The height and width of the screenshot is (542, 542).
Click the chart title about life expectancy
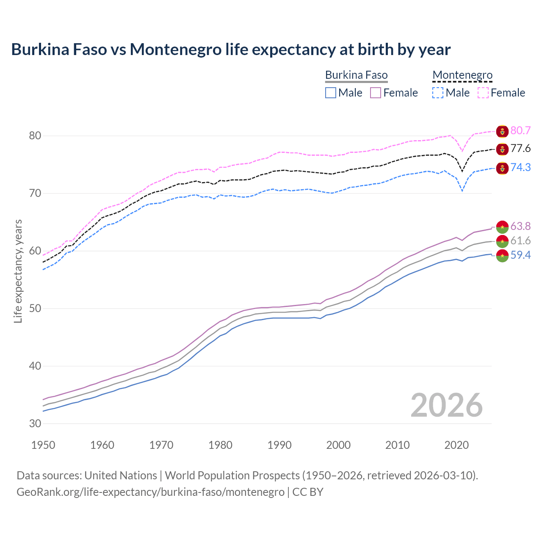click(231, 50)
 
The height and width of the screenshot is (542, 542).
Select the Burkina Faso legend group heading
click(356, 75)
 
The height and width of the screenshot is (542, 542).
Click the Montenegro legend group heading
click(462, 75)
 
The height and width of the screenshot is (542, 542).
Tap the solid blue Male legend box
click(331, 93)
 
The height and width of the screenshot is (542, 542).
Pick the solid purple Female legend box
click(376, 93)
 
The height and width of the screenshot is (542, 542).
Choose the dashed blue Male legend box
click(438, 93)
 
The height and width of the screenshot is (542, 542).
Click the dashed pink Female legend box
click(483, 93)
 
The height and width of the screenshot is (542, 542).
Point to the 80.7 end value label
click(520, 130)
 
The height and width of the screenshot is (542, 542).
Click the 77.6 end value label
click(520, 149)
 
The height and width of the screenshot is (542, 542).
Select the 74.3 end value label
click(520, 167)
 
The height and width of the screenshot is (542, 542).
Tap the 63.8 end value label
click(520, 226)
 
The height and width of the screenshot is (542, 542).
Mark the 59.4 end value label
click(520, 255)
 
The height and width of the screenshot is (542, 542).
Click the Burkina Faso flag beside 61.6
click(502, 241)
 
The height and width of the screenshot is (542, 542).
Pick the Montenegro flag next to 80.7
click(502, 131)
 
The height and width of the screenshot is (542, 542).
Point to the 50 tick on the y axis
click(35, 308)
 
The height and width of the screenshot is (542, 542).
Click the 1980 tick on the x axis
click(220, 445)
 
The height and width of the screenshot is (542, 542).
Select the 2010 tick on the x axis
click(397, 445)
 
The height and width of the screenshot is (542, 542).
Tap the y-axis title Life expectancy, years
click(18, 271)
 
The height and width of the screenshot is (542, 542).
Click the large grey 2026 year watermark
click(446, 405)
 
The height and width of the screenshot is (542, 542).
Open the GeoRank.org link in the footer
click(150, 492)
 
